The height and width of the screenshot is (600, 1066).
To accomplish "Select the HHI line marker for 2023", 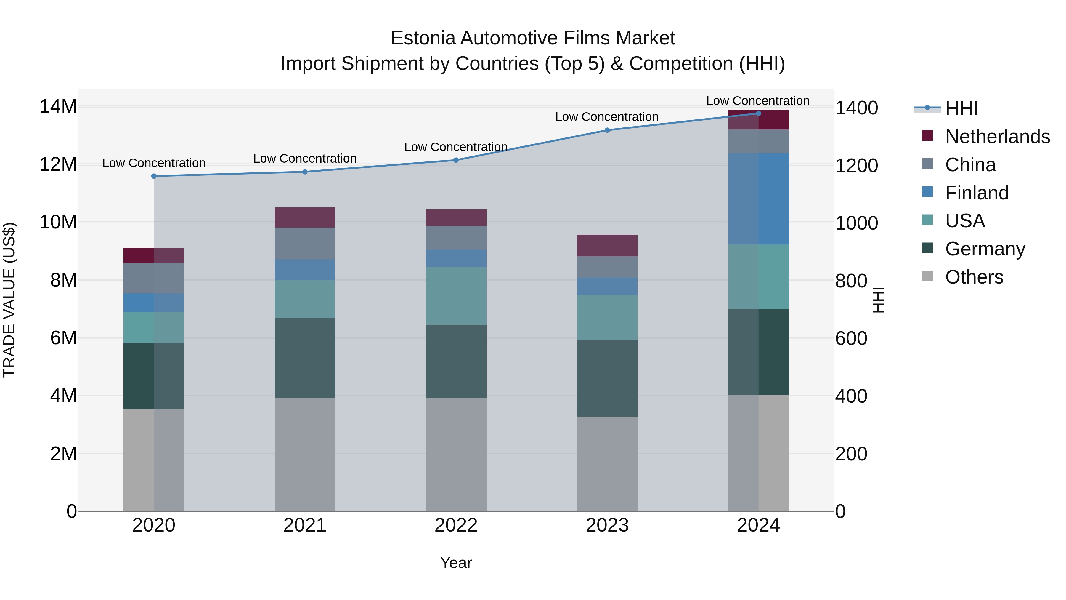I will tap(607, 130).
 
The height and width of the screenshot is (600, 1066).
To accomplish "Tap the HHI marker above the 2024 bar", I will tap(758, 113).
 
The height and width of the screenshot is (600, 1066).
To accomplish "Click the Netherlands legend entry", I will tap(997, 136).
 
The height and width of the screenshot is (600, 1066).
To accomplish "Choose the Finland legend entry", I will tap(977, 193).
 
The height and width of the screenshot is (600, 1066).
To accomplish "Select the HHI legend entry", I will tap(961, 108).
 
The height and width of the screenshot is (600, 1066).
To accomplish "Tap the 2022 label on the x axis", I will tap(456, 525).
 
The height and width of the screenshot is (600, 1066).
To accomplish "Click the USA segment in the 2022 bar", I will tap(456, 296).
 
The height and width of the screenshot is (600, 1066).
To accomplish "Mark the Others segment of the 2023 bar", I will tap(607, 463).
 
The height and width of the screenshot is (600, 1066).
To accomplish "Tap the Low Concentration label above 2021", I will tap(305, 159).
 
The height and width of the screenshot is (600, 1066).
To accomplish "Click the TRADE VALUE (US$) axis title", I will tap(9, 300).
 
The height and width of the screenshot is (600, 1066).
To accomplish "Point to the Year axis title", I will tap(456, 563).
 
